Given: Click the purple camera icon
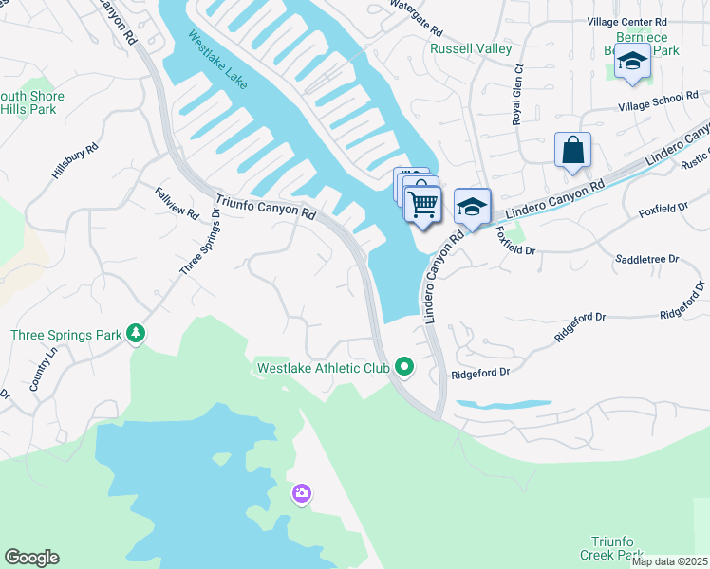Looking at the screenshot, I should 302,493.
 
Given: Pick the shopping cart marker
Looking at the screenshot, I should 422,202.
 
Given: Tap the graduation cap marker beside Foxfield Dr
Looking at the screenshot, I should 472,208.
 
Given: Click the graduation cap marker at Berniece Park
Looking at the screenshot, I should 632,61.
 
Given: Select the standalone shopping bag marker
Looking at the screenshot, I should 573,151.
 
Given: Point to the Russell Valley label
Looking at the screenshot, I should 471,48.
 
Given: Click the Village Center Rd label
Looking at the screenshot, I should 627,21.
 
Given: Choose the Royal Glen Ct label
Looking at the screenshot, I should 518,95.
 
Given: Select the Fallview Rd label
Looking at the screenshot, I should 177,201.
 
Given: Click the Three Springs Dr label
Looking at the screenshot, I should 200,243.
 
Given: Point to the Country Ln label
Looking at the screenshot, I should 43,369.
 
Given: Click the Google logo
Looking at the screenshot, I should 31,558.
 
